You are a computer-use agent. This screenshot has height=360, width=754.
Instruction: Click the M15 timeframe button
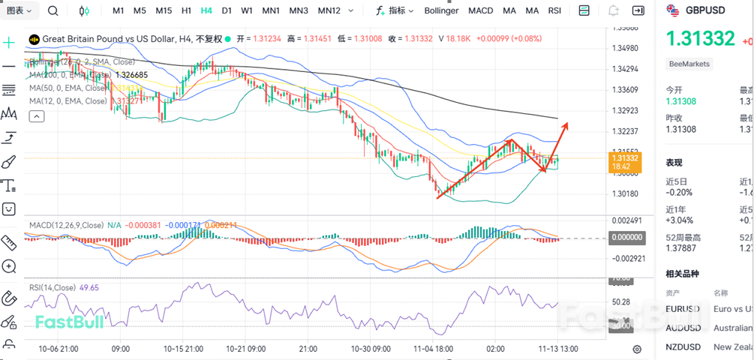coord(164,10)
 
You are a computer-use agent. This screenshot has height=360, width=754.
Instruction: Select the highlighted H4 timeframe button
coord(206,10)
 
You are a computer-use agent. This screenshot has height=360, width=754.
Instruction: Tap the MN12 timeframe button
coord(329,10)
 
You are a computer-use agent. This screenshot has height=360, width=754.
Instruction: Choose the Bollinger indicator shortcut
coord(441,10)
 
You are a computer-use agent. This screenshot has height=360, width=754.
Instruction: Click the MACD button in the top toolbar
coord(480,10)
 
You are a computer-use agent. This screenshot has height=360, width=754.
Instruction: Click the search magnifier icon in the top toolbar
coord(53,10)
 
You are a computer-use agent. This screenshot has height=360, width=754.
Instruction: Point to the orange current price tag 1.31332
coord(624,161)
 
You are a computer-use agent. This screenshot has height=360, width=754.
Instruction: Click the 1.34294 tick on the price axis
coord(624,69)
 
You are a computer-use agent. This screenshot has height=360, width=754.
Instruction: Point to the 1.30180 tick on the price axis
coord(624,193)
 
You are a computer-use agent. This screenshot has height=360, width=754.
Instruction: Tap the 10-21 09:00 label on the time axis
coord(246,349)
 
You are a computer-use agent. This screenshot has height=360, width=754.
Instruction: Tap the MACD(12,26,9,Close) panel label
coord(66,225)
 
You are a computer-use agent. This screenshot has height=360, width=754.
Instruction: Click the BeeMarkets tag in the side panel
coord(689,64)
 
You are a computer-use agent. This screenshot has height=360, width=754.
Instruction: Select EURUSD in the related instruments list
coord(682,309)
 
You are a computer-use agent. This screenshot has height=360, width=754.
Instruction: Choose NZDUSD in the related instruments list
coord(682,346)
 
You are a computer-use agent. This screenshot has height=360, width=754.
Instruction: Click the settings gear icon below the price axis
coord(637,349)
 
